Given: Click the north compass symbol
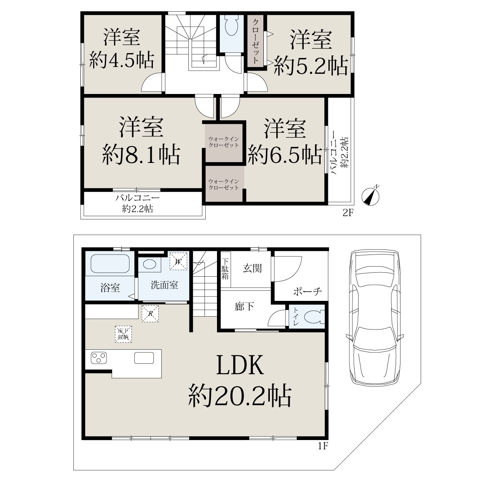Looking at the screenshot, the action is [371, 196].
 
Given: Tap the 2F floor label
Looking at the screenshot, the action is [348, 213].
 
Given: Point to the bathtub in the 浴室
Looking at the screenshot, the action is [110, 263].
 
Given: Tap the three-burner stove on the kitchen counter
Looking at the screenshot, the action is [99, 358].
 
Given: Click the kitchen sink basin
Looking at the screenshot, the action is [144, 358].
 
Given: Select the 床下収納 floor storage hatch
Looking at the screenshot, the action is [123, 334].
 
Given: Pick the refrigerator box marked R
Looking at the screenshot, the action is [150, 313].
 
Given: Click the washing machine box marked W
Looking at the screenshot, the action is [178, 261].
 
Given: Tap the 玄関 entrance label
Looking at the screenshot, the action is [252, 268].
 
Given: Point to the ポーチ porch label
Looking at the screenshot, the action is [307, 292].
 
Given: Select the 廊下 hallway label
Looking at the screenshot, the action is [244, 307].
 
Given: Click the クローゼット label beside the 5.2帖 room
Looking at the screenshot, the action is [255, 41].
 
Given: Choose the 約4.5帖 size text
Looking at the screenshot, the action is [121, 60].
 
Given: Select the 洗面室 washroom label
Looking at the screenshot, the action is [164, 285].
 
